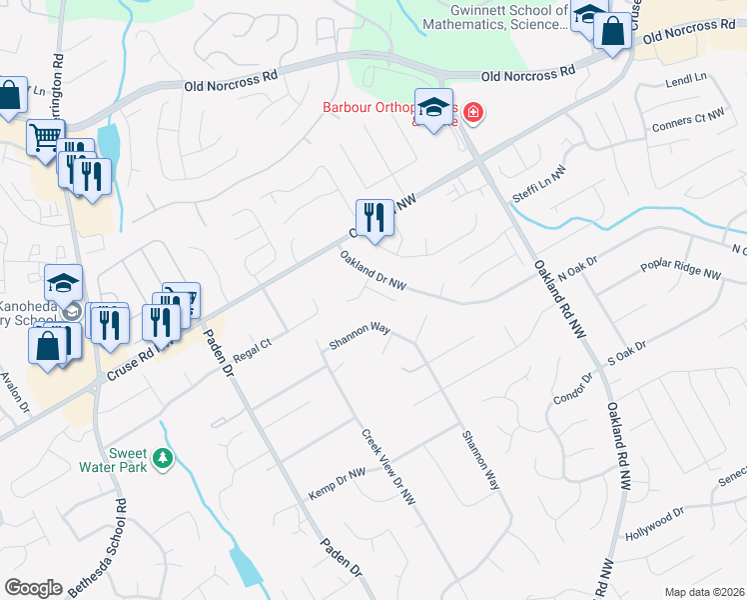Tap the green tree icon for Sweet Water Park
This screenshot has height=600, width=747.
click(x=161, y=459)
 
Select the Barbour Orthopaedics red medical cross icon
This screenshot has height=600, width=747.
click(x=471, y=113)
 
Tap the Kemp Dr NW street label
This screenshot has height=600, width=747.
click(x=337, y=481)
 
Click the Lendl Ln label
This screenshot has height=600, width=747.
click(x=686, y=77)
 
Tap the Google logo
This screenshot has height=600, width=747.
click(x=33, y=588)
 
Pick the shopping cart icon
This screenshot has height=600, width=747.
click(x=45, y=137)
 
